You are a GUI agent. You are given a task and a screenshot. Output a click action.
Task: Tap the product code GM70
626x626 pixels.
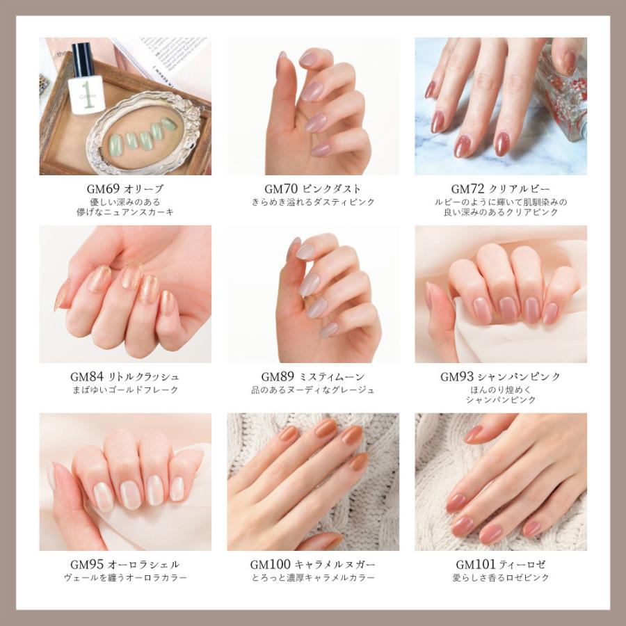pos(278,189)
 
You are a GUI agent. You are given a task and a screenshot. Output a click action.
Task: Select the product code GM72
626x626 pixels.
pos(465,189)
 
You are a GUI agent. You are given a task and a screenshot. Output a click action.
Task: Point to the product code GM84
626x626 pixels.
pos(87,377)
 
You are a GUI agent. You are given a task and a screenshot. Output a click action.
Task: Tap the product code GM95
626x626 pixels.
pos(87,565)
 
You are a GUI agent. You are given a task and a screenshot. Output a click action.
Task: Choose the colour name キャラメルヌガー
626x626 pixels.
pos(336,565)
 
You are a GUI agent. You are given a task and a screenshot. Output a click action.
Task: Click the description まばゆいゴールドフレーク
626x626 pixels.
pos(125,390)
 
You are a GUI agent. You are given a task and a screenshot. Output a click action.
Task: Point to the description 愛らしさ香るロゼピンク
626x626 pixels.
pos(501,578)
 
